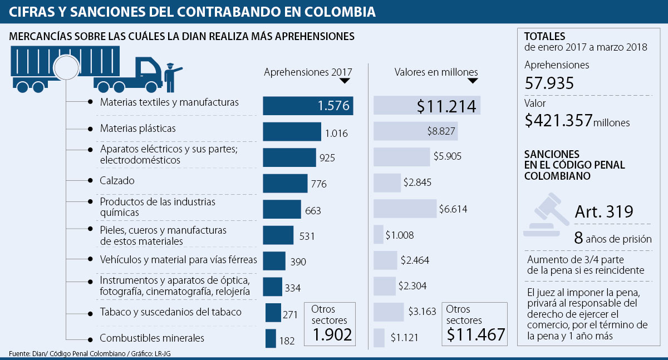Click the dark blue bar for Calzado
pyautogui.click(x=284, y=183)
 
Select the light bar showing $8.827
pyautogui.click(x=415, y=131)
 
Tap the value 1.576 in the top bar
pyautogui.click(x=333, y=106)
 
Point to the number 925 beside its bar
pyautogui.click(x=327, y=158)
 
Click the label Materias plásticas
pyautogui.click(x=137, y=129)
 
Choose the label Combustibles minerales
pyautogui.click(x=152, y=338)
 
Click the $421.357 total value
pyautogui.click(x=558, y=121)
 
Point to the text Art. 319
pyautogui.click(x=603, y=211)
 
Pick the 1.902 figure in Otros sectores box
pyautogui.click(x=332, y=334)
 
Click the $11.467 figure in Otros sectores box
pyautogui.click(x=475, y=334)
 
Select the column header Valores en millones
pyautogui.click(x=436, y=72)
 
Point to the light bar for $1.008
pyautogui.click(x=379, y=234)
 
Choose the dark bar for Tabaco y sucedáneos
pyautogui.click(x=273, y=312)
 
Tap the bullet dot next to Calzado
pyautogui.click(x=90, y=180)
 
